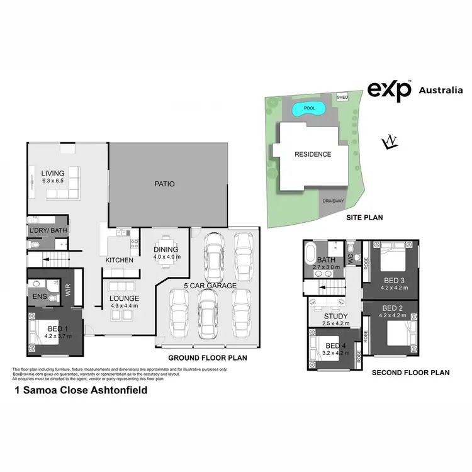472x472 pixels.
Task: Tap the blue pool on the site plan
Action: (x=309, y=110)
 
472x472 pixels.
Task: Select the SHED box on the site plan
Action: (x=342, y=98)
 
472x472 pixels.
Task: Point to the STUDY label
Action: (x=335, y=316)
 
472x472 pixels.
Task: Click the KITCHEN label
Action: (x=119, y=260)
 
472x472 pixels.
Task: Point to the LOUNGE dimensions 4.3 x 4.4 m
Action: (x=125, y=306)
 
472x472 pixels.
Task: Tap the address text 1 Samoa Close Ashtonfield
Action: (x=81, y=390)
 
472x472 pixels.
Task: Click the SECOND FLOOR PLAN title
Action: (x=410, y=373)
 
